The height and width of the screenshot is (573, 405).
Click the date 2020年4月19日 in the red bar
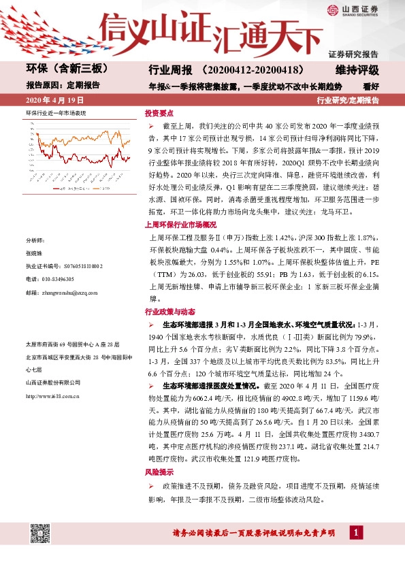coord(52,100)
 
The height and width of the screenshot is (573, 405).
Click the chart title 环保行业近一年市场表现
coord(56,111)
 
